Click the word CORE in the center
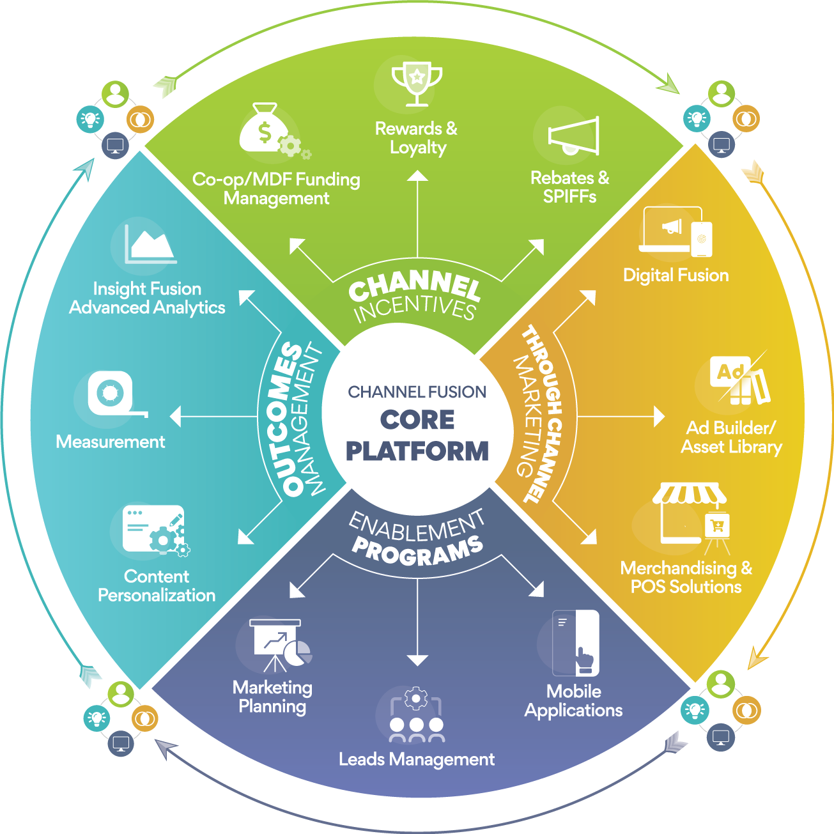click(417, 420)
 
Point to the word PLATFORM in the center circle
click(417, 451)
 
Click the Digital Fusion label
click(676, 275)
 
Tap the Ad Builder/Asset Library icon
click(740, 381)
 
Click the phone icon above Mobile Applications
click(577, 643)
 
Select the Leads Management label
click(417, 759)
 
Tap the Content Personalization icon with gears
click(155, 530)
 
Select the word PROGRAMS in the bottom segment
click(417, 552)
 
